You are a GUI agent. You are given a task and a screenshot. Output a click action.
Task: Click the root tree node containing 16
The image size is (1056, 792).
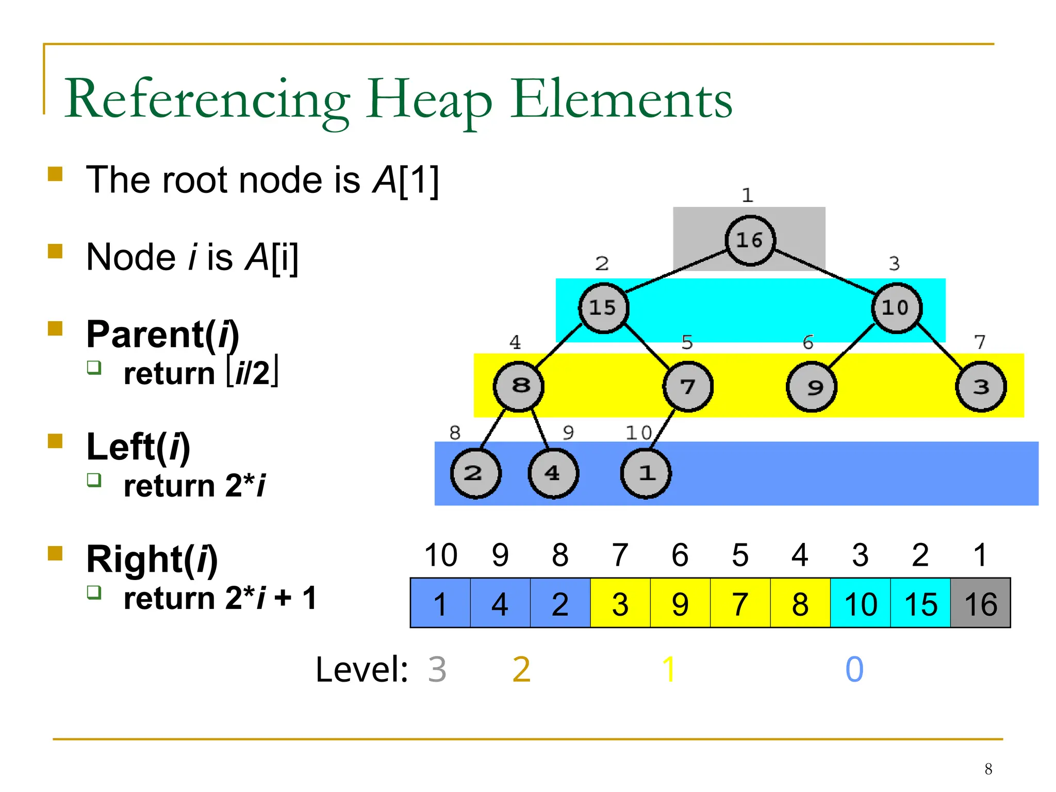(750, 240)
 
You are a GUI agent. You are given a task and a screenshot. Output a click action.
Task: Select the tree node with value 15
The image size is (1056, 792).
(603, 308)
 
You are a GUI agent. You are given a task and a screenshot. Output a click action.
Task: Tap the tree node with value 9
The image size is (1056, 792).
(812, 387)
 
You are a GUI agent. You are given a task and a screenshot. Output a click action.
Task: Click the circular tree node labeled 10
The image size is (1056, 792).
(896, 308)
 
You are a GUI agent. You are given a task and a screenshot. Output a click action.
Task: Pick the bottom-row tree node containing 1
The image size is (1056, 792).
(646, 473)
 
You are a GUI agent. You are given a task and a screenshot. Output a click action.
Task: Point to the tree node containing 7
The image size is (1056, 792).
(687, 387)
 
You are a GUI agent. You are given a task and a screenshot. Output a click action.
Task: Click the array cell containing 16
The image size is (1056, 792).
(980, 603)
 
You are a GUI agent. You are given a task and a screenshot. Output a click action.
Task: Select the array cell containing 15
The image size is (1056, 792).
(920, 603)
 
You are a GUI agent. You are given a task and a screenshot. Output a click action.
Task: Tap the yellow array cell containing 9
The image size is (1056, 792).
(680, 603)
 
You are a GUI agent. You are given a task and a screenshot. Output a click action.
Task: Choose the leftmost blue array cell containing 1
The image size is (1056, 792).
(440, 603)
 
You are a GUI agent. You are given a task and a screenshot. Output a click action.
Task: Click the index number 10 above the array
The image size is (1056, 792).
(440, 555)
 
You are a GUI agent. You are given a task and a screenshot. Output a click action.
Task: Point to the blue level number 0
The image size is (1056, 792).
(854, 669)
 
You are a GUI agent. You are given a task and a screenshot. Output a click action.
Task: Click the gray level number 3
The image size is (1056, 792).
(437, 669)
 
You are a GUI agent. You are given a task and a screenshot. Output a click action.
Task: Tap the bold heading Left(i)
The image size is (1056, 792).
(138, 447)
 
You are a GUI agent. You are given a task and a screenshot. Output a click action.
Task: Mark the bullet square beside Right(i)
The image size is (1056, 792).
(55, 553)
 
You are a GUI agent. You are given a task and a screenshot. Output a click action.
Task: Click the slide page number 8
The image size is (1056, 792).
(988, 769)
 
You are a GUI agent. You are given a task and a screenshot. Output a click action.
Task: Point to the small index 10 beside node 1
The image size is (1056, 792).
(638, 433)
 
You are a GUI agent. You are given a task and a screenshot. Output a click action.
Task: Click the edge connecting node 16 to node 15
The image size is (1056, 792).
(675, 271)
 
